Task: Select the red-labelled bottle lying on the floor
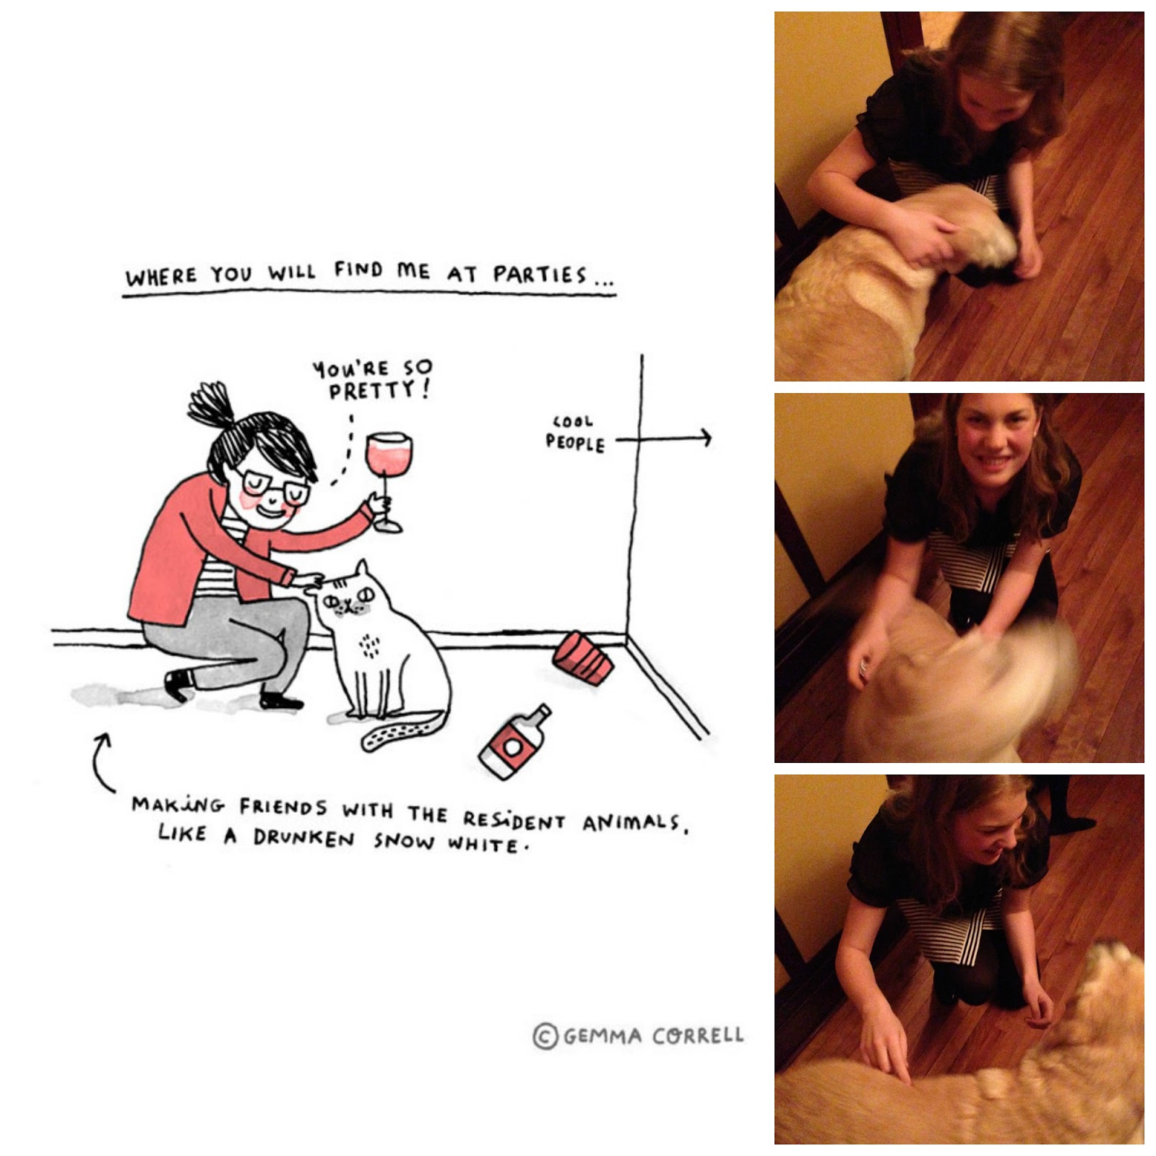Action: (514, 741)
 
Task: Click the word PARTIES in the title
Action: (540, 275)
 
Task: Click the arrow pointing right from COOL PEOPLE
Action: (664, 438)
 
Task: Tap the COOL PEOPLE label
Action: (575, 433)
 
